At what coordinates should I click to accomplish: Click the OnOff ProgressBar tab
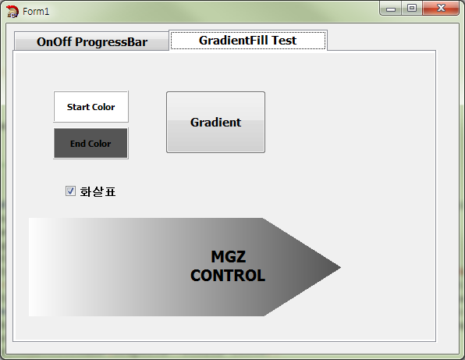[x=91, y=41]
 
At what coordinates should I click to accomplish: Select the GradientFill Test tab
[x=248, y=40]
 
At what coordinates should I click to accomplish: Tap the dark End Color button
[x=91, y=144]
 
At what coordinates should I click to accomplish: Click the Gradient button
[x=215, y=123]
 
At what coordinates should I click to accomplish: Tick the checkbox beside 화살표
[x=70, y=191]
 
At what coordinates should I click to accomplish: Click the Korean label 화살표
[x=98, y=192]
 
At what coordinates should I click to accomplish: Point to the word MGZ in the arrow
[x=229, y=257]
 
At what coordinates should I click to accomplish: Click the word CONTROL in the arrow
[x=228, y=276]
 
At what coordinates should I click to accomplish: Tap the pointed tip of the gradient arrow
[x=340, y=267]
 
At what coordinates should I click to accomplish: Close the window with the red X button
[x=441, y=8]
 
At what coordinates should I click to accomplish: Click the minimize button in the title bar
[x=391, y=9]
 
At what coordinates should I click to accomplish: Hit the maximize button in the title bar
[x=412, y=8]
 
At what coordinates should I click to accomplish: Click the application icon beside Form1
[x=12, y=12]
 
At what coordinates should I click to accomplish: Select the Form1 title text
[x=36, y=12]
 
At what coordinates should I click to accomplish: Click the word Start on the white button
[x=78, y=107]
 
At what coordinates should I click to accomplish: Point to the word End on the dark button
[x=78, y=144]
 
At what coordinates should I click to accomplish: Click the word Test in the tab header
[x=284, y=40]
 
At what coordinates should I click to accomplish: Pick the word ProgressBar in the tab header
[x=112, y=42]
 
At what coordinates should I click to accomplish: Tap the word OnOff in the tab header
[x=55, y=41]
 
